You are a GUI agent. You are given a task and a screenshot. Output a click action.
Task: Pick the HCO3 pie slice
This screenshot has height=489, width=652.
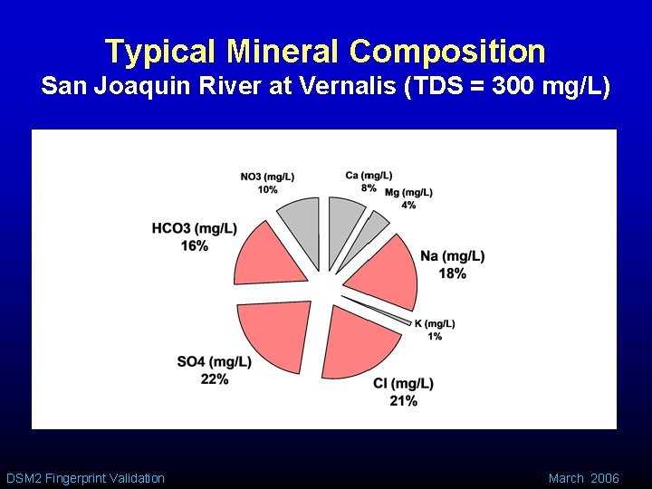click(x=270, y=257)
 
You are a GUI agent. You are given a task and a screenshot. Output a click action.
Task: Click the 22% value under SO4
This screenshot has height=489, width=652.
click(x=215, y=379)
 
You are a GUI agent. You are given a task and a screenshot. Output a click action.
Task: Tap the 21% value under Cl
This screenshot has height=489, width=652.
click(x=403, y=400)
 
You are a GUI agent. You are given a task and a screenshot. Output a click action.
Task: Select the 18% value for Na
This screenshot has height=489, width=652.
click(x=452, y=273)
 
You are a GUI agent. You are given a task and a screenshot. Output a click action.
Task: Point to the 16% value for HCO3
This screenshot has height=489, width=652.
click(x=194, y=245)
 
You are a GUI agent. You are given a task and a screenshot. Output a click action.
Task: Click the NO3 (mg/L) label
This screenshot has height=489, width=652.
click(x=267, y=177)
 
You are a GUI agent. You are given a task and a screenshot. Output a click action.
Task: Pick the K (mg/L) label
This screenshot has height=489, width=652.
click(x=435, y=324)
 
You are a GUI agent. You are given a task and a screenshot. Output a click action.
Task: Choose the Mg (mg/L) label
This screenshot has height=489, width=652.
click(x=408, y=193)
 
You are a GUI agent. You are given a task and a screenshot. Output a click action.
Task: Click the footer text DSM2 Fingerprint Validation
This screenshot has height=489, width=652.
click(x=85, y=478)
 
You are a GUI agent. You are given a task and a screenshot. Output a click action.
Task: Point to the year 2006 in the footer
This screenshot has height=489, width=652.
click(x=605, y=478)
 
